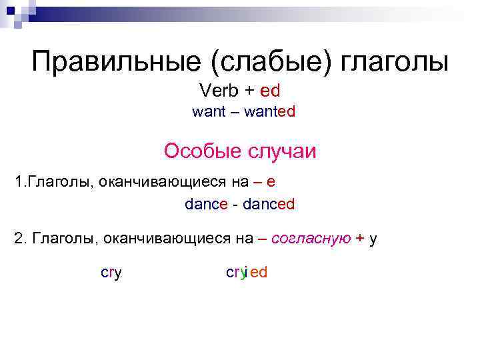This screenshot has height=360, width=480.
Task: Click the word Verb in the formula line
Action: point(218,90)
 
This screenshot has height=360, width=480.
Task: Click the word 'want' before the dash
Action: point(209,112)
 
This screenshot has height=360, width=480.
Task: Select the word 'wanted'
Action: point(269,112)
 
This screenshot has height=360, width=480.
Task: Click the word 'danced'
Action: point(268,205)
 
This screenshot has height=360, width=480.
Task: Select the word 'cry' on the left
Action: point(111,273)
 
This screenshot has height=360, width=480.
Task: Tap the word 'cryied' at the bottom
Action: point(247,273)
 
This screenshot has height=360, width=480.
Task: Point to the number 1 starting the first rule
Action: point(18,182)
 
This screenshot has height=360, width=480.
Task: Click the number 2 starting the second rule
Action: point(18,238)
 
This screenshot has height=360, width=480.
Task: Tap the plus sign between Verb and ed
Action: point(250,90)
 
